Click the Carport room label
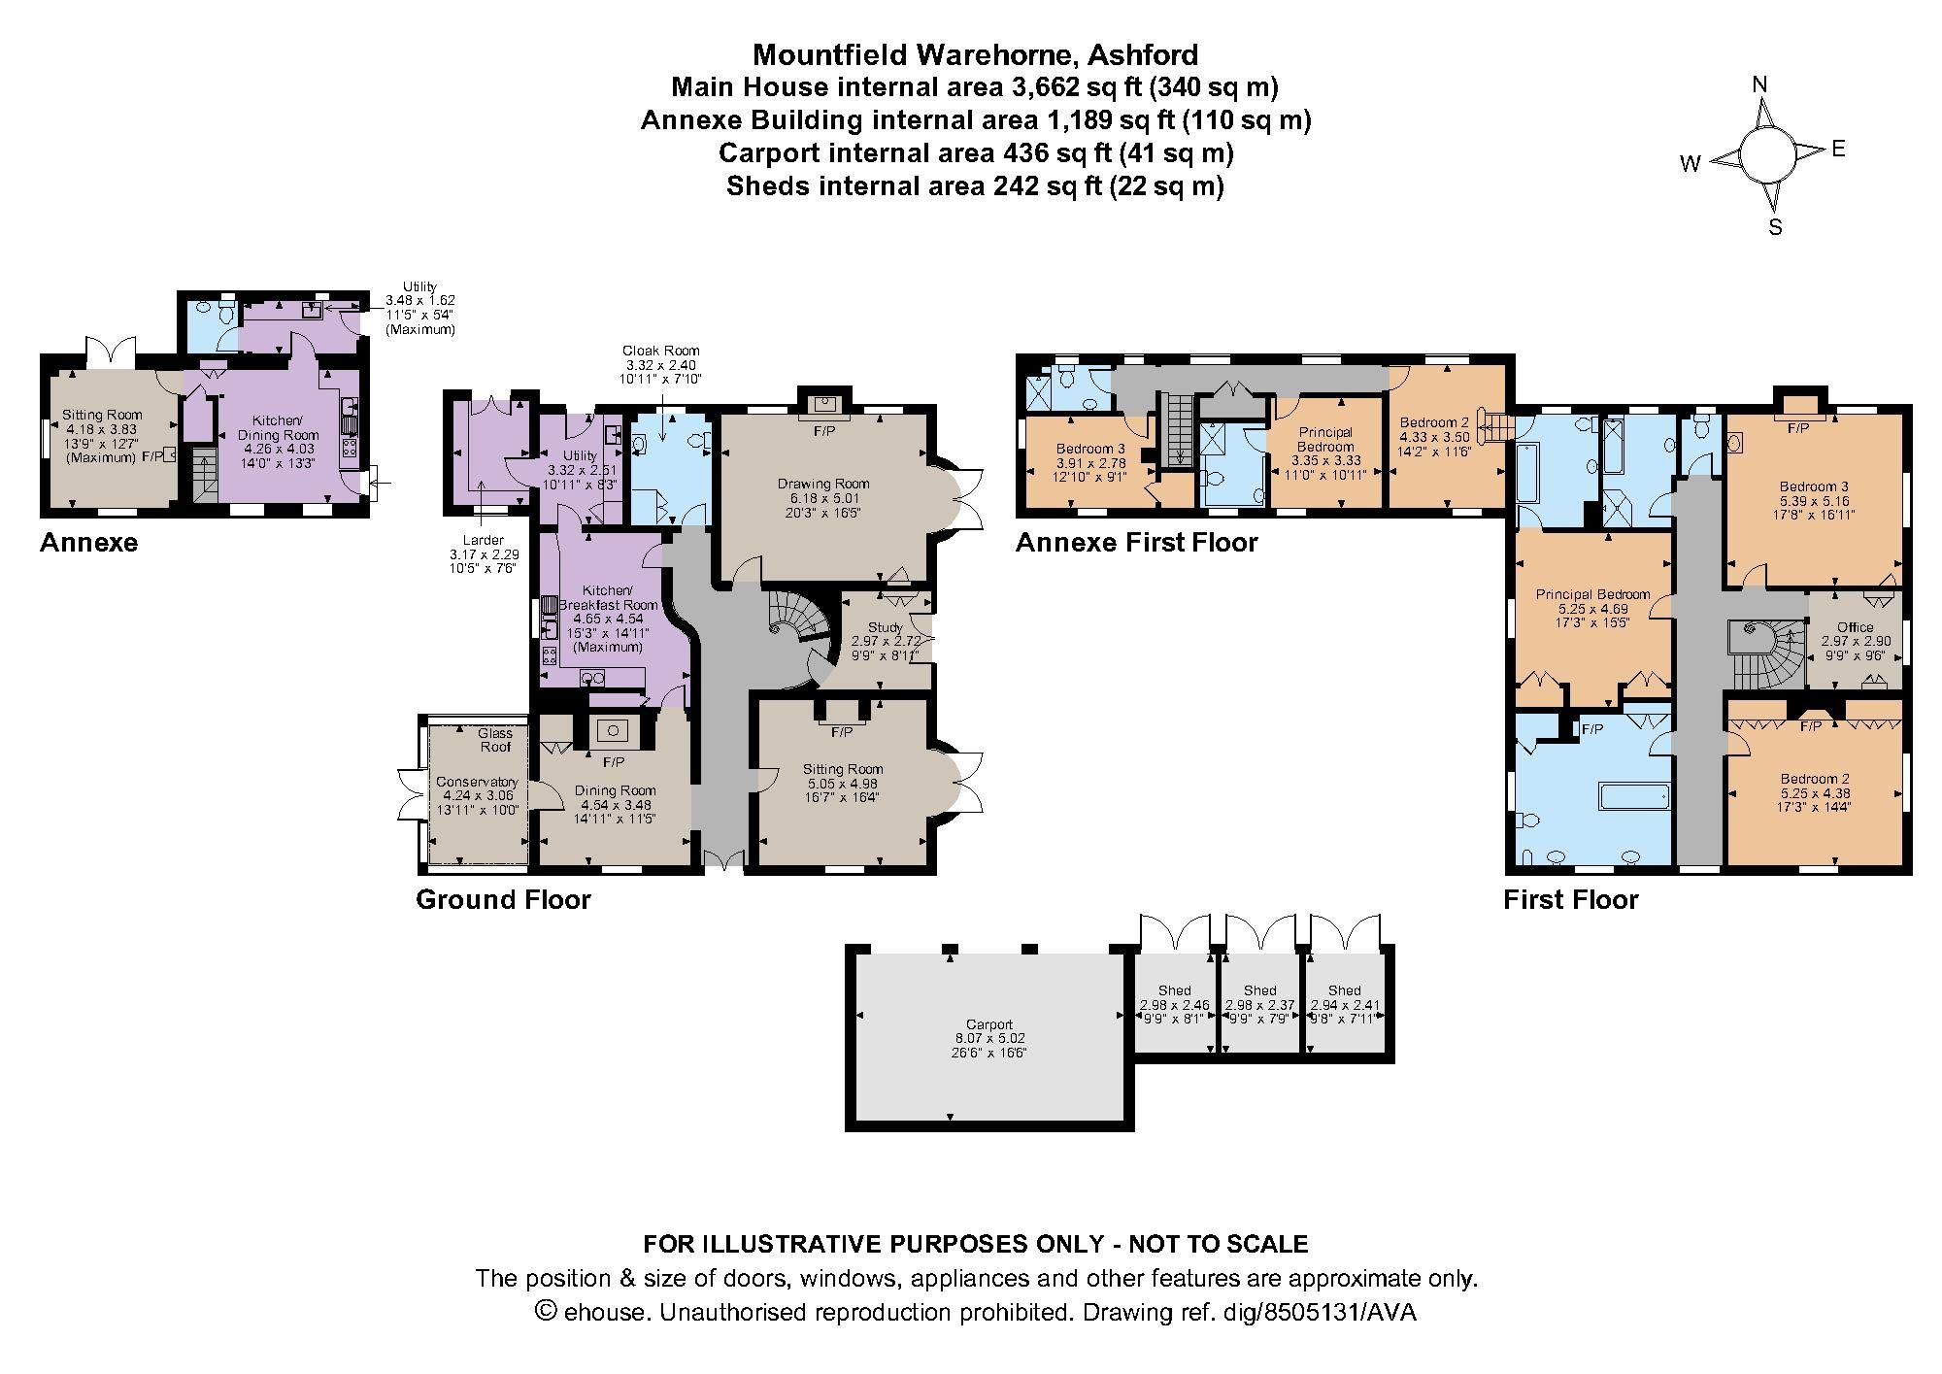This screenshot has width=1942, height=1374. [989, 1024]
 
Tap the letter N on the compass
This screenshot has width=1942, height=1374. [1759, 84]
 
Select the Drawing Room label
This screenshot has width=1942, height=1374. [823, 484]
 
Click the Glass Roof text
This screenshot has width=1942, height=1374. [495, 740]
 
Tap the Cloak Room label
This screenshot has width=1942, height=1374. [661, 351]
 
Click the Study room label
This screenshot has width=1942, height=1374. [885, 628]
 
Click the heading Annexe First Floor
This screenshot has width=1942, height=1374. [1136, 542]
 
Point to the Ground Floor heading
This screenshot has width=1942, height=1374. [503, 899]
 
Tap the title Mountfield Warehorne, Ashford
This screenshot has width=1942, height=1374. [975, 53]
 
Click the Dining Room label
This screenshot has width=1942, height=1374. [615, 790]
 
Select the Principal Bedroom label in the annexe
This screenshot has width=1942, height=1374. [1325, 440]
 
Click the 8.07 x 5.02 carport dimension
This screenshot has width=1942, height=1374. [989, 1038]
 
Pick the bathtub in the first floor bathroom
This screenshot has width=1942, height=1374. [1634, 796]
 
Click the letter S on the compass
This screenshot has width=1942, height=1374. [1775, 228]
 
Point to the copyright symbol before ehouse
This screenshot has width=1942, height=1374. [546, 1312]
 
